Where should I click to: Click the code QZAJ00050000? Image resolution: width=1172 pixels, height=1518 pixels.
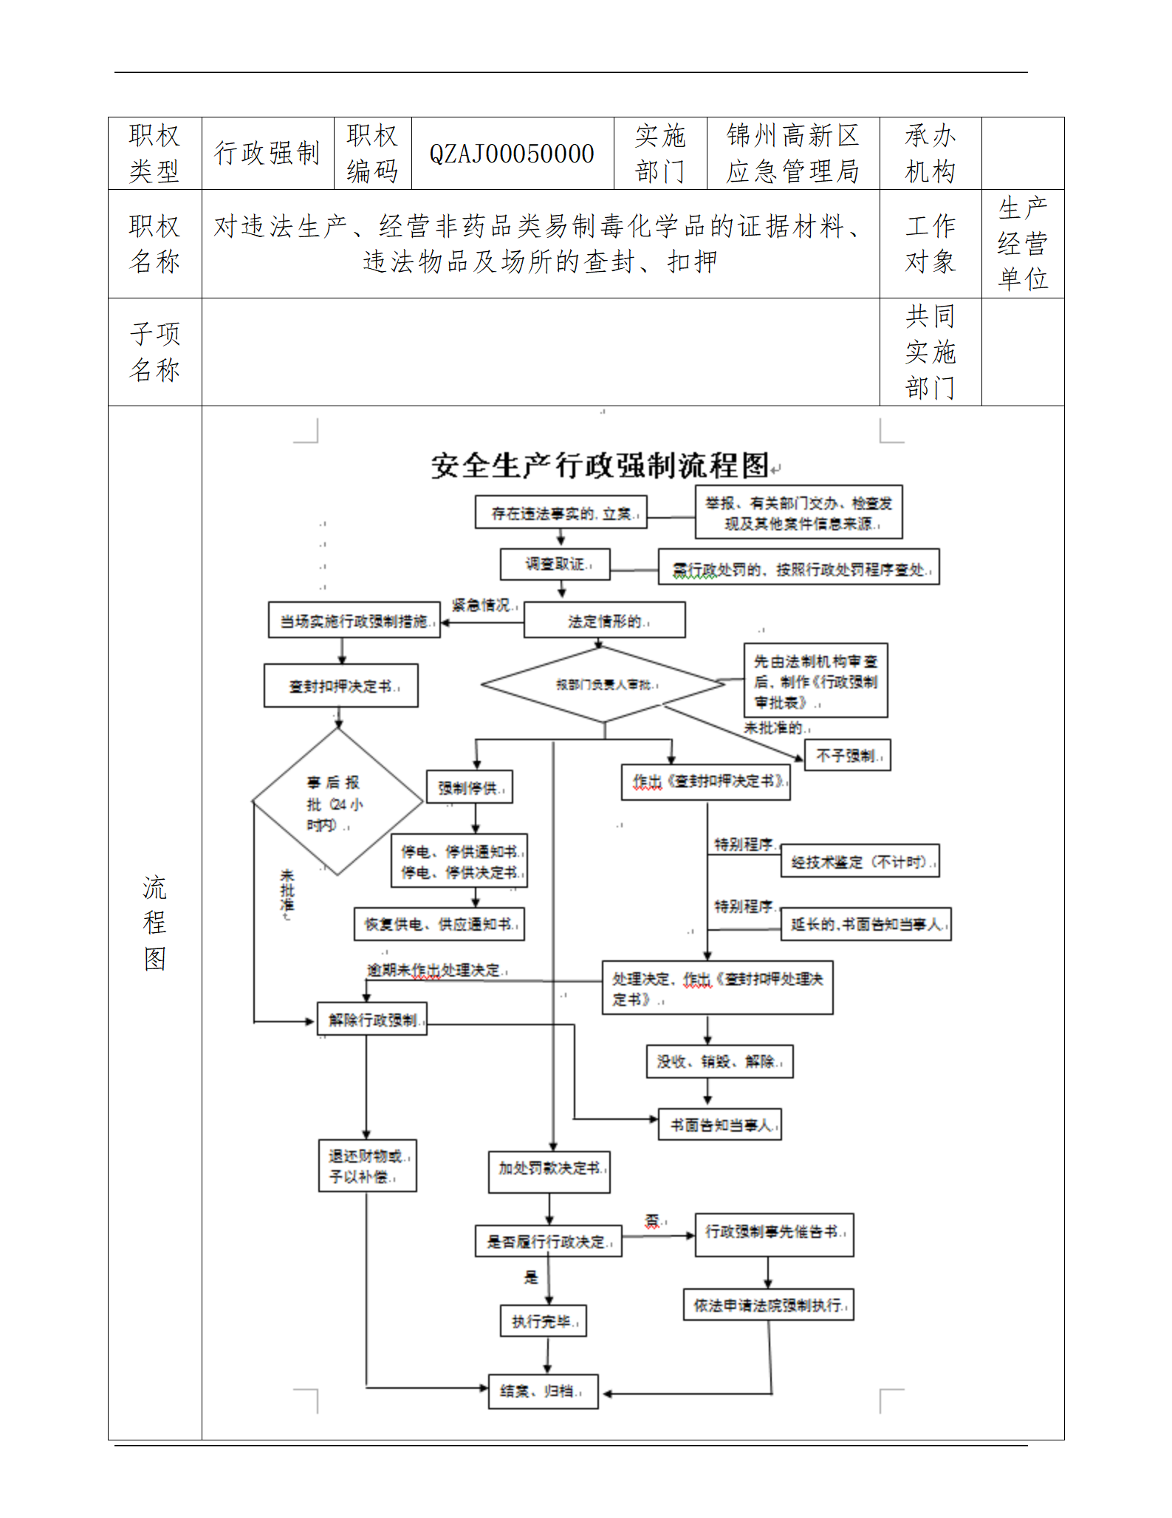(512, 154)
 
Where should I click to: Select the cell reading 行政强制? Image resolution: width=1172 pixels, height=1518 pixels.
(267, 154)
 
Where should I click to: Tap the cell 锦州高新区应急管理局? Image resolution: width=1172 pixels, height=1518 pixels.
(792, 154)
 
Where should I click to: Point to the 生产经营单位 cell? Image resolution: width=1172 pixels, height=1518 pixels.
(1022, 244)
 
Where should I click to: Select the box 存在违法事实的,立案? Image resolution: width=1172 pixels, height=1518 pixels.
(561, 513)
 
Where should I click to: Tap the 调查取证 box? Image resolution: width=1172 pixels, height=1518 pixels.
(555, 564)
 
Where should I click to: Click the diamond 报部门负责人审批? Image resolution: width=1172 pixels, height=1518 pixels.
(603, 685)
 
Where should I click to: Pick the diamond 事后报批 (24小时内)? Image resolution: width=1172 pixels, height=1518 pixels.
(337, 803)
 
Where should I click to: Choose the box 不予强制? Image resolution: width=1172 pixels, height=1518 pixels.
(846, 756)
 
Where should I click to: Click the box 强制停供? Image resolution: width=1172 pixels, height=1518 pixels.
(469, 787)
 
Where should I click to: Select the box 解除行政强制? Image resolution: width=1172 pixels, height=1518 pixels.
(372, 1019)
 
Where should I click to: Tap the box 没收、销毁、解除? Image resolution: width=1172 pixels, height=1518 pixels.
(719, 1061)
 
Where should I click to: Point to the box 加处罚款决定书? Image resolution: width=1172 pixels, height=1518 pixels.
(549, 1168)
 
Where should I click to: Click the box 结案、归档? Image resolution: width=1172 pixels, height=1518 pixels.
(543, 1391)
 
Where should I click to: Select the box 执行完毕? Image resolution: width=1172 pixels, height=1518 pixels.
(544, 1321)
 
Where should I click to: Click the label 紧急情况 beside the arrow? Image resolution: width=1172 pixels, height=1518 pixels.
(482, 605)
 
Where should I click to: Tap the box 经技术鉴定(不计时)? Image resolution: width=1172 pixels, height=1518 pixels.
(860, 861)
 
